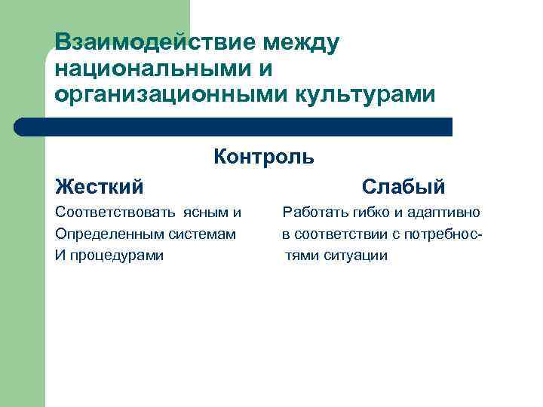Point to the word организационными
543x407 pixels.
167,95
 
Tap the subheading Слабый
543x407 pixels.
403,185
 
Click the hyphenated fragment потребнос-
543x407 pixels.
444,234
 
